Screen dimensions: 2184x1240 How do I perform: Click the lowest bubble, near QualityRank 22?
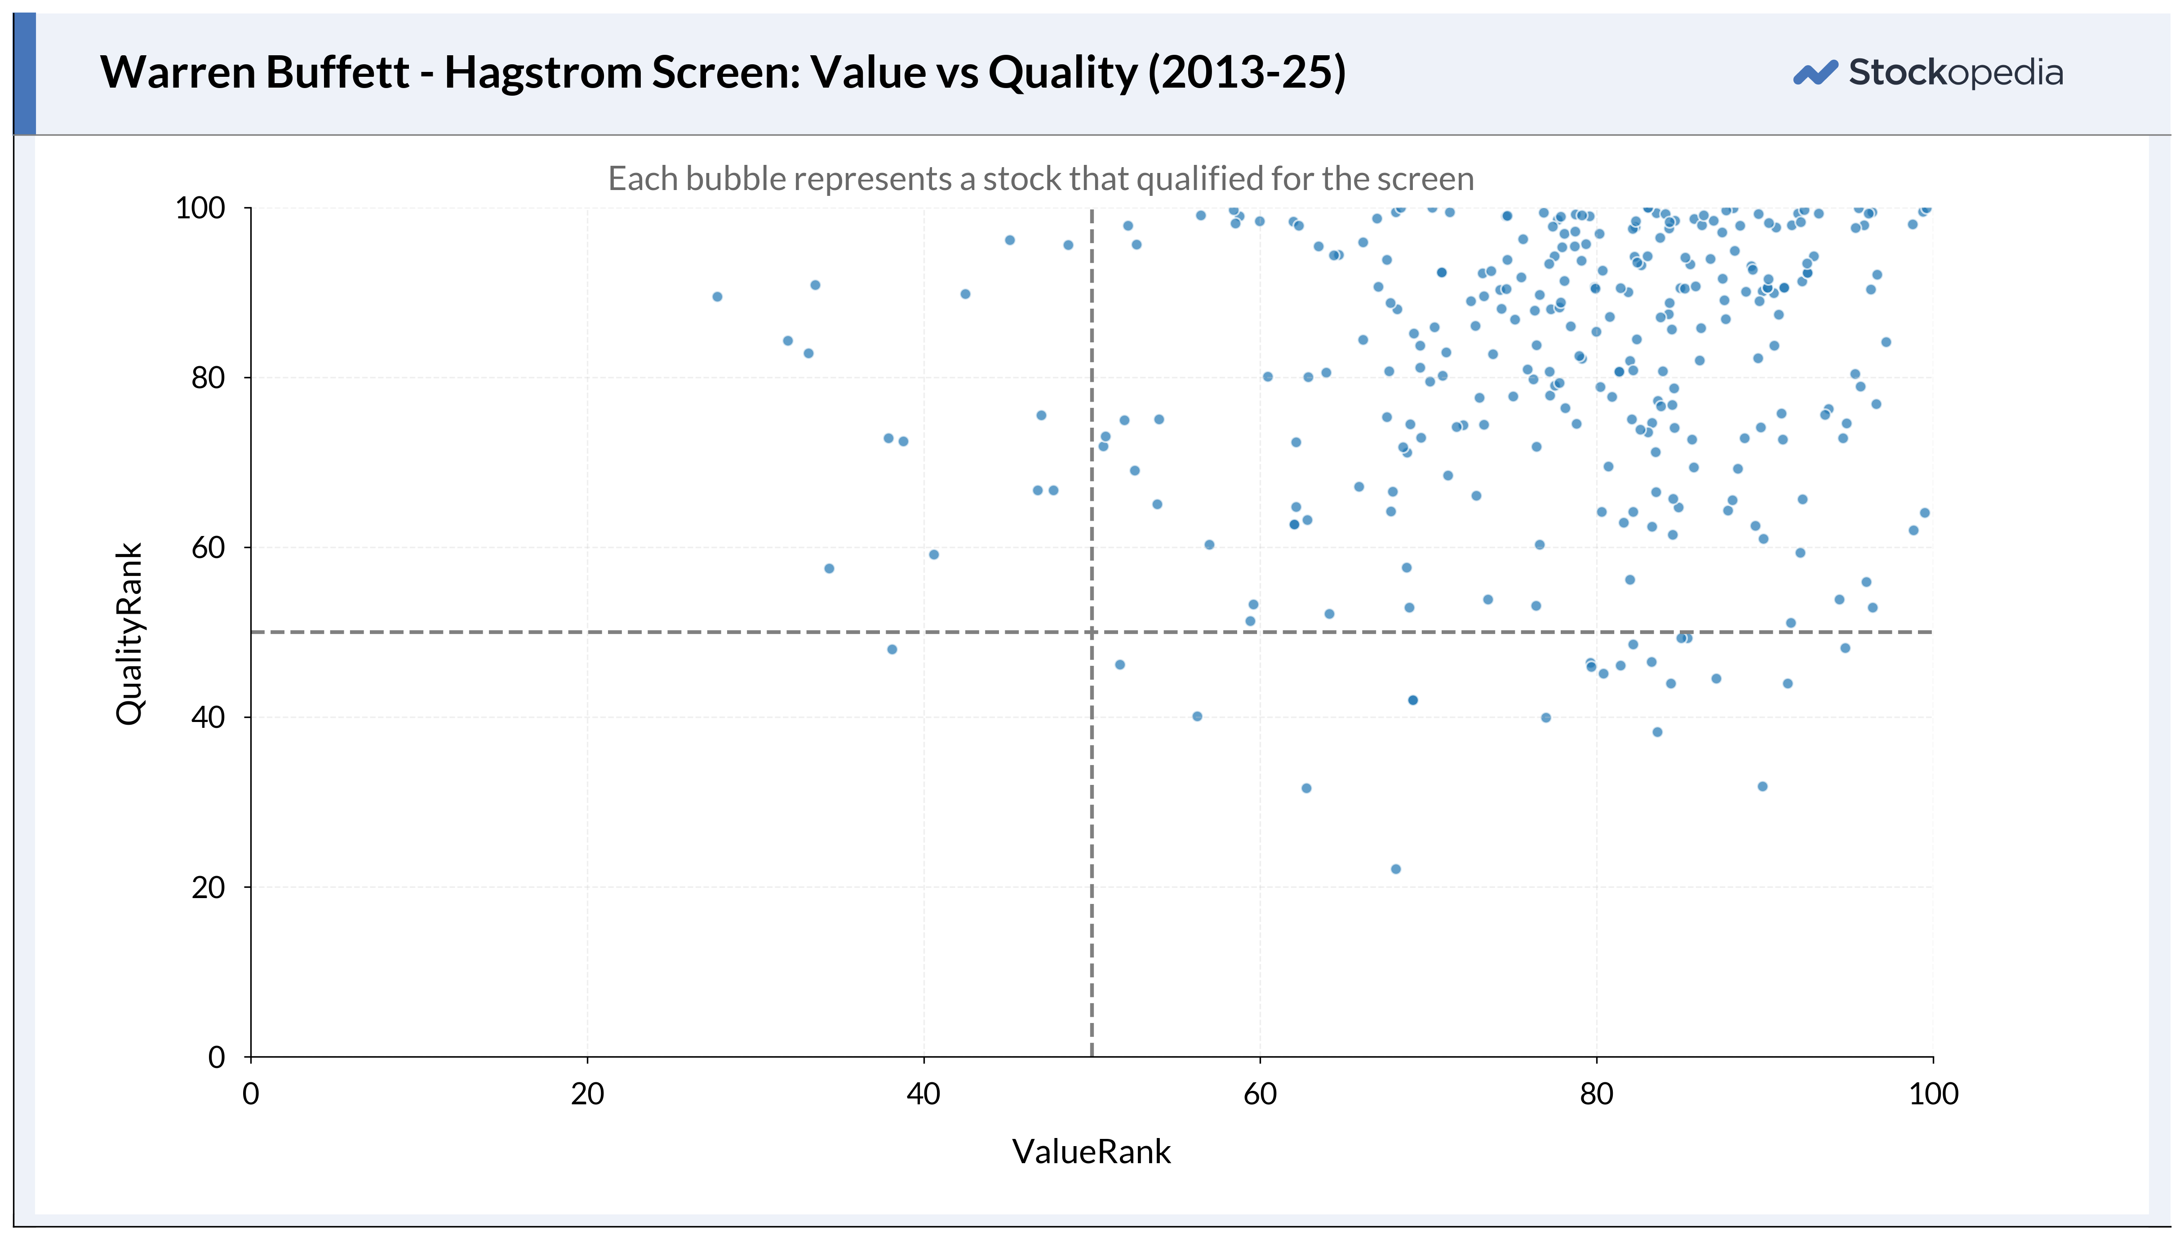click(x=1395, y=869)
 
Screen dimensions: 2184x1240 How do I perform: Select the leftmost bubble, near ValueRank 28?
click(x=717, y=297)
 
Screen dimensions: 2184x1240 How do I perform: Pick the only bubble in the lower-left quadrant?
click(x=892, y=649)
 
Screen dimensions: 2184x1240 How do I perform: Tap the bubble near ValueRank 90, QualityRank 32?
click(x=1762, y=786)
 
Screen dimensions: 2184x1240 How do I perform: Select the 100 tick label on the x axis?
click(x=1933, y=1094)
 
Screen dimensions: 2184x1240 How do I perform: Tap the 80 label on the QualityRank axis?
click(x=208, y=377)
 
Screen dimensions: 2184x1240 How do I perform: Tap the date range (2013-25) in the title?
click(x=1247, y=72)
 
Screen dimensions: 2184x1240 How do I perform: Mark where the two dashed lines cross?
click(x=1092, y=632)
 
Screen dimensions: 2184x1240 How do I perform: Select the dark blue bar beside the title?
click(x=25, y=74)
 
